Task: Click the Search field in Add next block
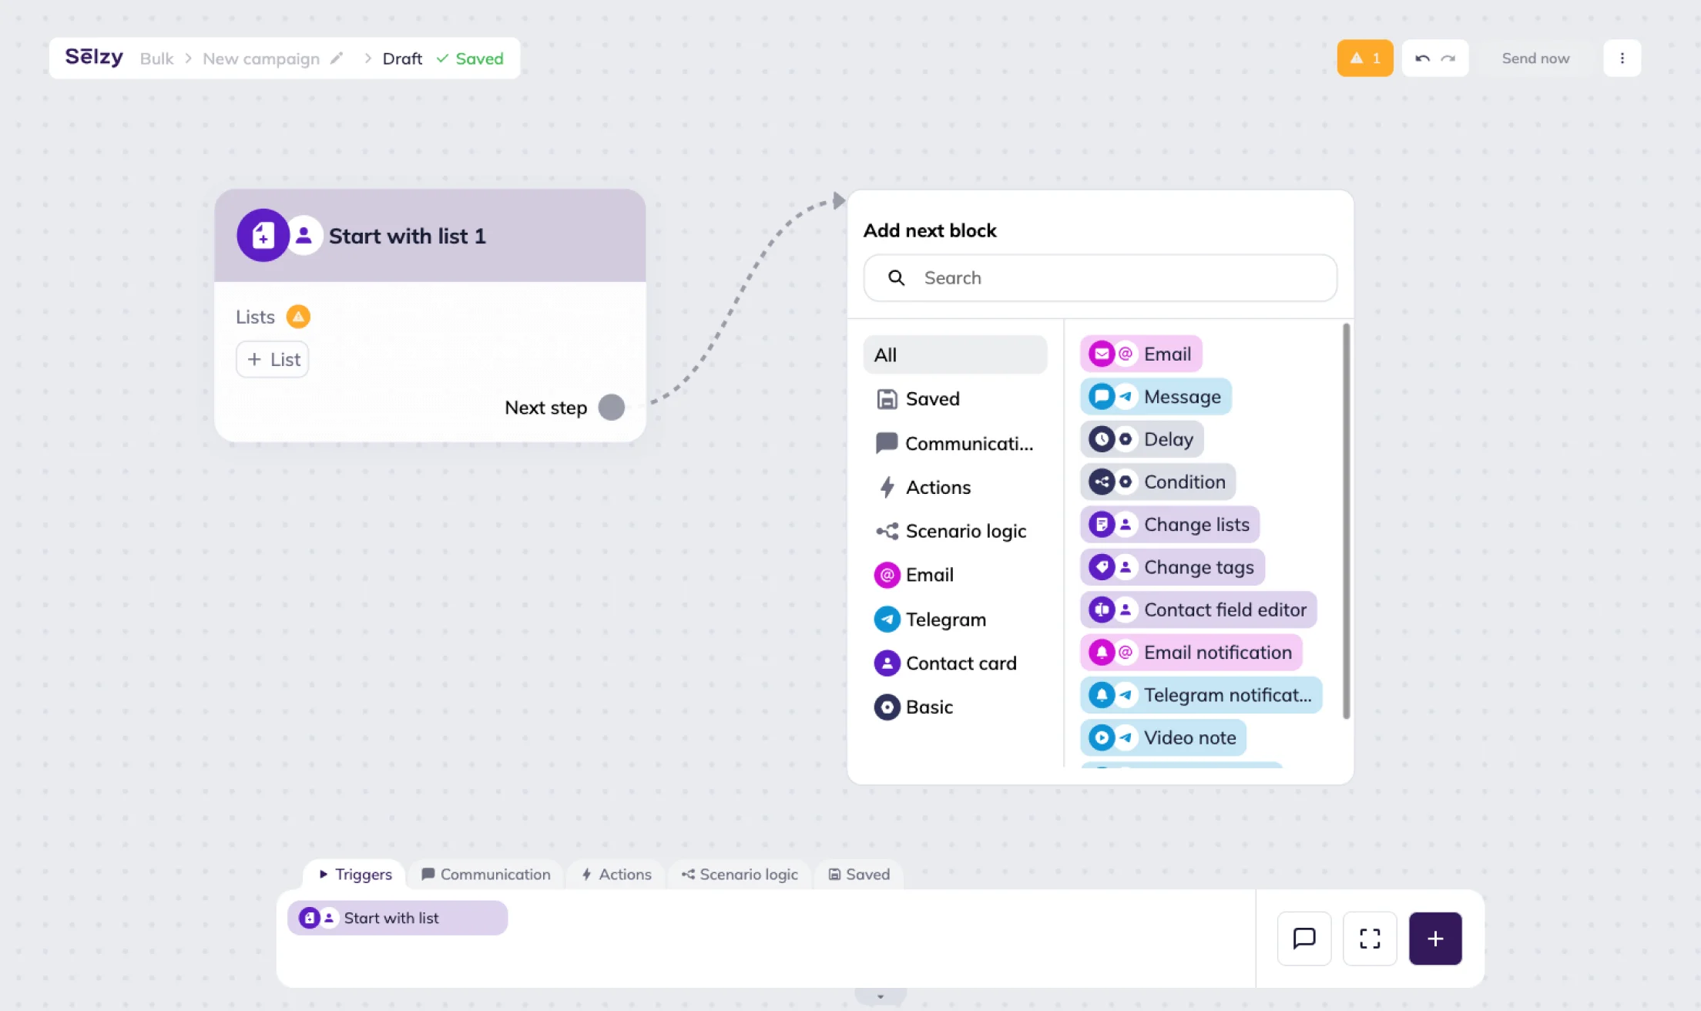point(1100,278)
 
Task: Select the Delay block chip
point(1142,439)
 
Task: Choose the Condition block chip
point(1158,482)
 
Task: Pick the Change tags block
point(1173,567)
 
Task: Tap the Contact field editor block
point(1199,610)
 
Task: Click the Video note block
point(1163,737)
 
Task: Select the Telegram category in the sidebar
point(930,620)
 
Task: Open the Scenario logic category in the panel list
point(951,531)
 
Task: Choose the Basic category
point(914,707)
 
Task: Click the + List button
point(273,359)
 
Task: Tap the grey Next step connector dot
point(612,408)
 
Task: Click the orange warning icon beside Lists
point(298,317)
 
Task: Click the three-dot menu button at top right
point(1622,59)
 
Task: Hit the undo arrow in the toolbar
point(1422,59)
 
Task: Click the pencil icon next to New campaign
point(337,59)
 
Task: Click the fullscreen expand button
point(1370,939)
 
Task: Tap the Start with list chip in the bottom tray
point(398,918)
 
